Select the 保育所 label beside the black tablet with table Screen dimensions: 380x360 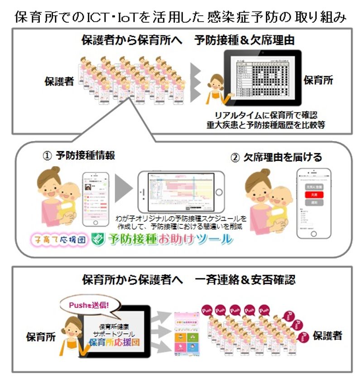coord(318,81)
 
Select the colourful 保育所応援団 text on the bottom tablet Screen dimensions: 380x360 coord(114,342)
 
